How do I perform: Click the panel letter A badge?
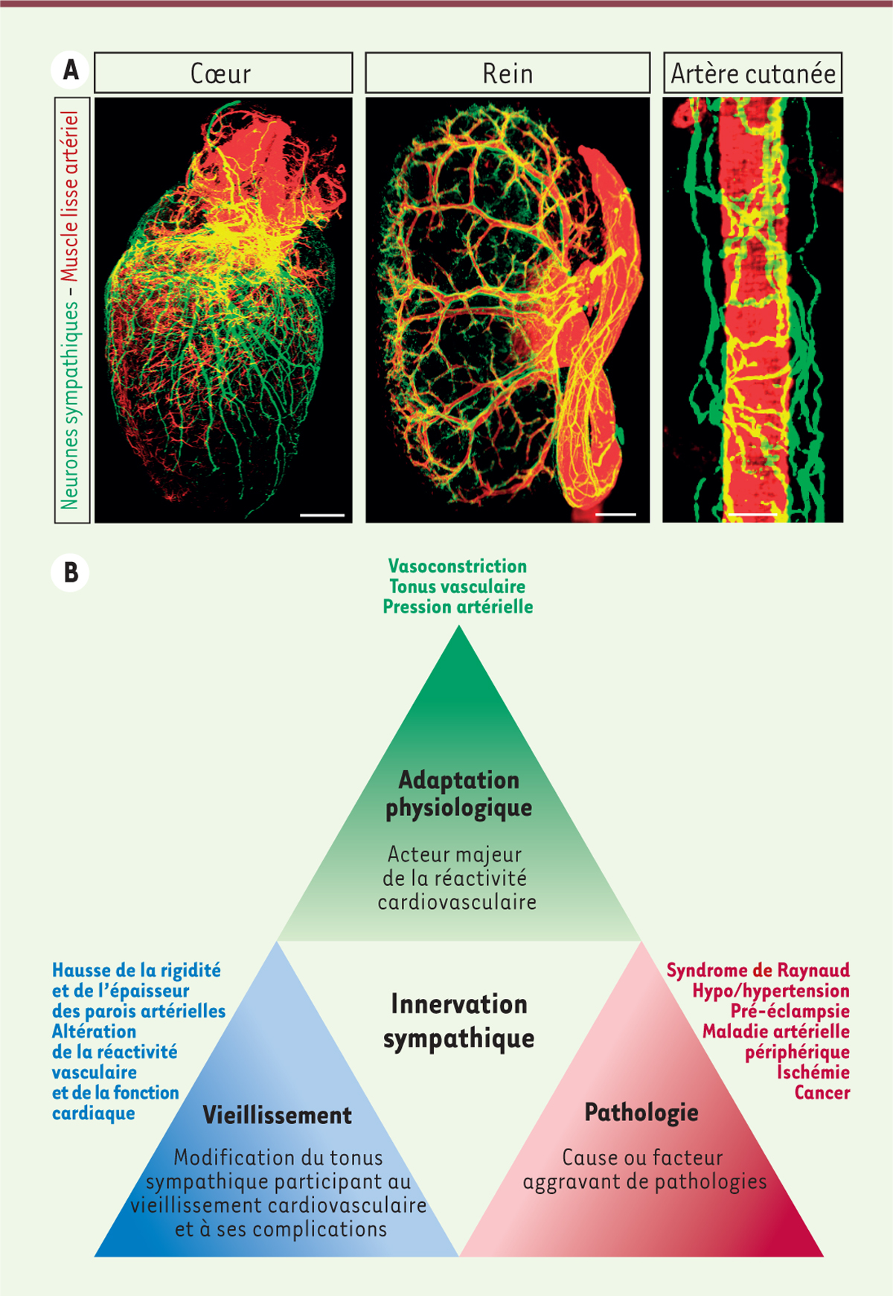(x=70, y=70)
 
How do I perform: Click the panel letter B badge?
(x=70, y=573)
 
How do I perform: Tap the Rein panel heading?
(x=508, y=74)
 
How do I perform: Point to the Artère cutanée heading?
(x=753, y=73)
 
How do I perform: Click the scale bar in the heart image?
(x=322, y=514)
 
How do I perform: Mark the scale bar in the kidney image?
(x=615, y=514)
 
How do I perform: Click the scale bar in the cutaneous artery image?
(x=753, y=514)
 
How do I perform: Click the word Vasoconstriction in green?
(x=458, y=566)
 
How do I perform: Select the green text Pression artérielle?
(x=458, y=607)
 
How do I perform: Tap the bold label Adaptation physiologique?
(x=459, y=794)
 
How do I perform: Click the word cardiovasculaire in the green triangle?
(x=457, y=902)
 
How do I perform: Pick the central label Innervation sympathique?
(x=459, y=1021)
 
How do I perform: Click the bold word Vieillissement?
(x=278, y=1115)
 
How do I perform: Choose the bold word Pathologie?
(x=641, y=1113)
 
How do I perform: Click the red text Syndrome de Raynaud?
(x=758, y=971)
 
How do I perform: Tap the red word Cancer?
(x=822, y=1093)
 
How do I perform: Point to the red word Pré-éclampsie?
(x=790, y=1011)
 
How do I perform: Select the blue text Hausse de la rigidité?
(x=136, y=971)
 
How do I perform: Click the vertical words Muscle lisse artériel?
(x=70, y=197)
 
